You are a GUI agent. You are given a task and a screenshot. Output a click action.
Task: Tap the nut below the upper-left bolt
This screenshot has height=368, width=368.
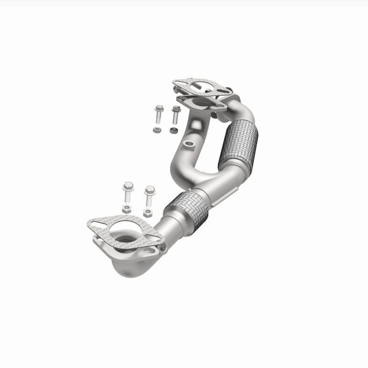157,129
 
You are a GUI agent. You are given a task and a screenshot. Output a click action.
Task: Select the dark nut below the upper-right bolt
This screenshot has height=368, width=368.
173,130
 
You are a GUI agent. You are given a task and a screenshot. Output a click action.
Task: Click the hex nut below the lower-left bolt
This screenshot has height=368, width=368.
127,209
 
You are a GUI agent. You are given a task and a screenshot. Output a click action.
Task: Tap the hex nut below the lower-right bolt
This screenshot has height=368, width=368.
148,213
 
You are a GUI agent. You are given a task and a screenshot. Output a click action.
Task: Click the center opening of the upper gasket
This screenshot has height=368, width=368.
202,87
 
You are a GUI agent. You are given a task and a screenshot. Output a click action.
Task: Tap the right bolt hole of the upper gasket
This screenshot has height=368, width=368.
223,90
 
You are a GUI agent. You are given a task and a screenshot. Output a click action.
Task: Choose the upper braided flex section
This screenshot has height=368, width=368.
238,143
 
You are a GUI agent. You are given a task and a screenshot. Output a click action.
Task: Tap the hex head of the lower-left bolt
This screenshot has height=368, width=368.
128,186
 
